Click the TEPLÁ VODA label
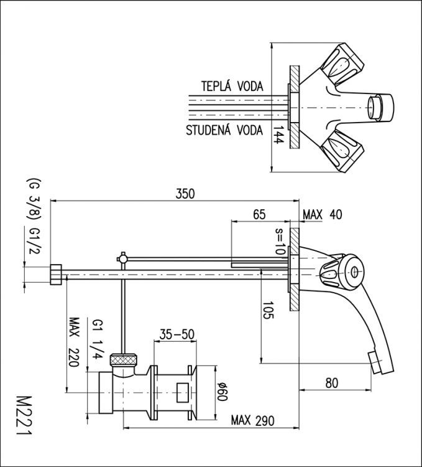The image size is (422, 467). (x=232, y=85)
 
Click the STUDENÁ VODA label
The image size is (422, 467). (x=224, y=131)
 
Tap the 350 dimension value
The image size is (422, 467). (x=185, y=193)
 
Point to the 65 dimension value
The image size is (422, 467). (x=259, y=214)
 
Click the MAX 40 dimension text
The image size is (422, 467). (x=323, y=214)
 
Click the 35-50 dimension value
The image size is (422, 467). (x=177, y=334)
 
